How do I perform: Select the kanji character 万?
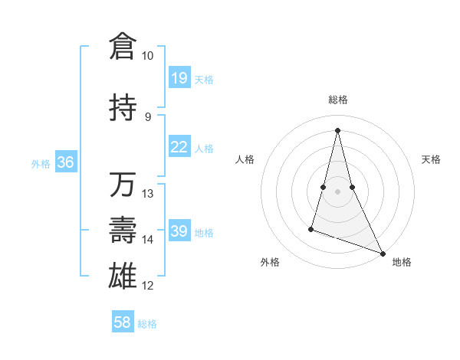click(x=123, y=185)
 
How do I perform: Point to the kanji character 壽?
click(x=123, y=231)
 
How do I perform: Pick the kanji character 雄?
click(x=123, y=277)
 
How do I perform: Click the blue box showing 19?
click(x=179, y=78)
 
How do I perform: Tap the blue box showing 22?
click(x=179, y=147)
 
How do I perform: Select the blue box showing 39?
click(x=179, y=231)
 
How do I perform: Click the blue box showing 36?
click(x=65, y=162)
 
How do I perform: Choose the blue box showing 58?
click(x=123, y=322)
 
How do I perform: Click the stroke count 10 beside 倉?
click(x=147, y=56)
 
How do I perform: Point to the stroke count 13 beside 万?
click(x=148, y=194)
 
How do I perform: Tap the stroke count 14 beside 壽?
click(x=148, y=240)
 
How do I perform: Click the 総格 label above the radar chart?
click(x=337, y=100)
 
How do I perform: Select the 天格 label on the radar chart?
click(x=431, y=159)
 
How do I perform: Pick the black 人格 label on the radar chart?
click(x=245, y=159)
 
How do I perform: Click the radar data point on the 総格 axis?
click(x=337, y=129)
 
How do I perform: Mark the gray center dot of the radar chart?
click(x=337, y=191)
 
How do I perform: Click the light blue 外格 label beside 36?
click(x=40, y=163)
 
